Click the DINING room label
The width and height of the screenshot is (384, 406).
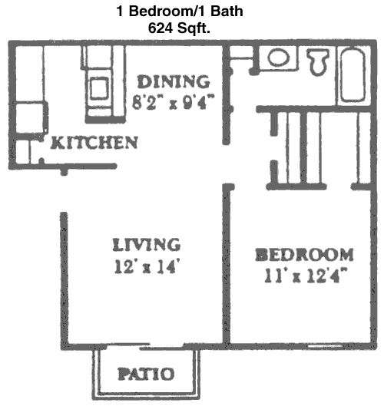point(174,81)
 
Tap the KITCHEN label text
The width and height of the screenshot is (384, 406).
point(94,143)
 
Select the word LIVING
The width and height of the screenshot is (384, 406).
point(147,244)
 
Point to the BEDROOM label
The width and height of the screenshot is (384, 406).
point(304,254)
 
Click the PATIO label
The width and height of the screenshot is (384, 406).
point(146,374)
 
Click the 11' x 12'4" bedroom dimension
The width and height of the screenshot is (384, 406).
point(306,276)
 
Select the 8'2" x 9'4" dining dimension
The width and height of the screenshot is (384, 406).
point(174,102)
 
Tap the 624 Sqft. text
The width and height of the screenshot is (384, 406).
point(179,28)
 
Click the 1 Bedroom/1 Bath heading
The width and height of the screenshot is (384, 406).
point(180,12)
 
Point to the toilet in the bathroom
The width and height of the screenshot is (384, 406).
point(318,61)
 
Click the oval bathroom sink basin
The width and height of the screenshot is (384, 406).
point(279,58)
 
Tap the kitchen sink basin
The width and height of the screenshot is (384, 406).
point(99,88)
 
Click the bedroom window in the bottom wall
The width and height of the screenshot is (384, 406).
point(326,346)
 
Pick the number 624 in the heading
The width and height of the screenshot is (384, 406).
point(161,28)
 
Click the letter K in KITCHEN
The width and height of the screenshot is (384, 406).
point(56,143)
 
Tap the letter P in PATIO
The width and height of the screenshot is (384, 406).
point(124,374)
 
